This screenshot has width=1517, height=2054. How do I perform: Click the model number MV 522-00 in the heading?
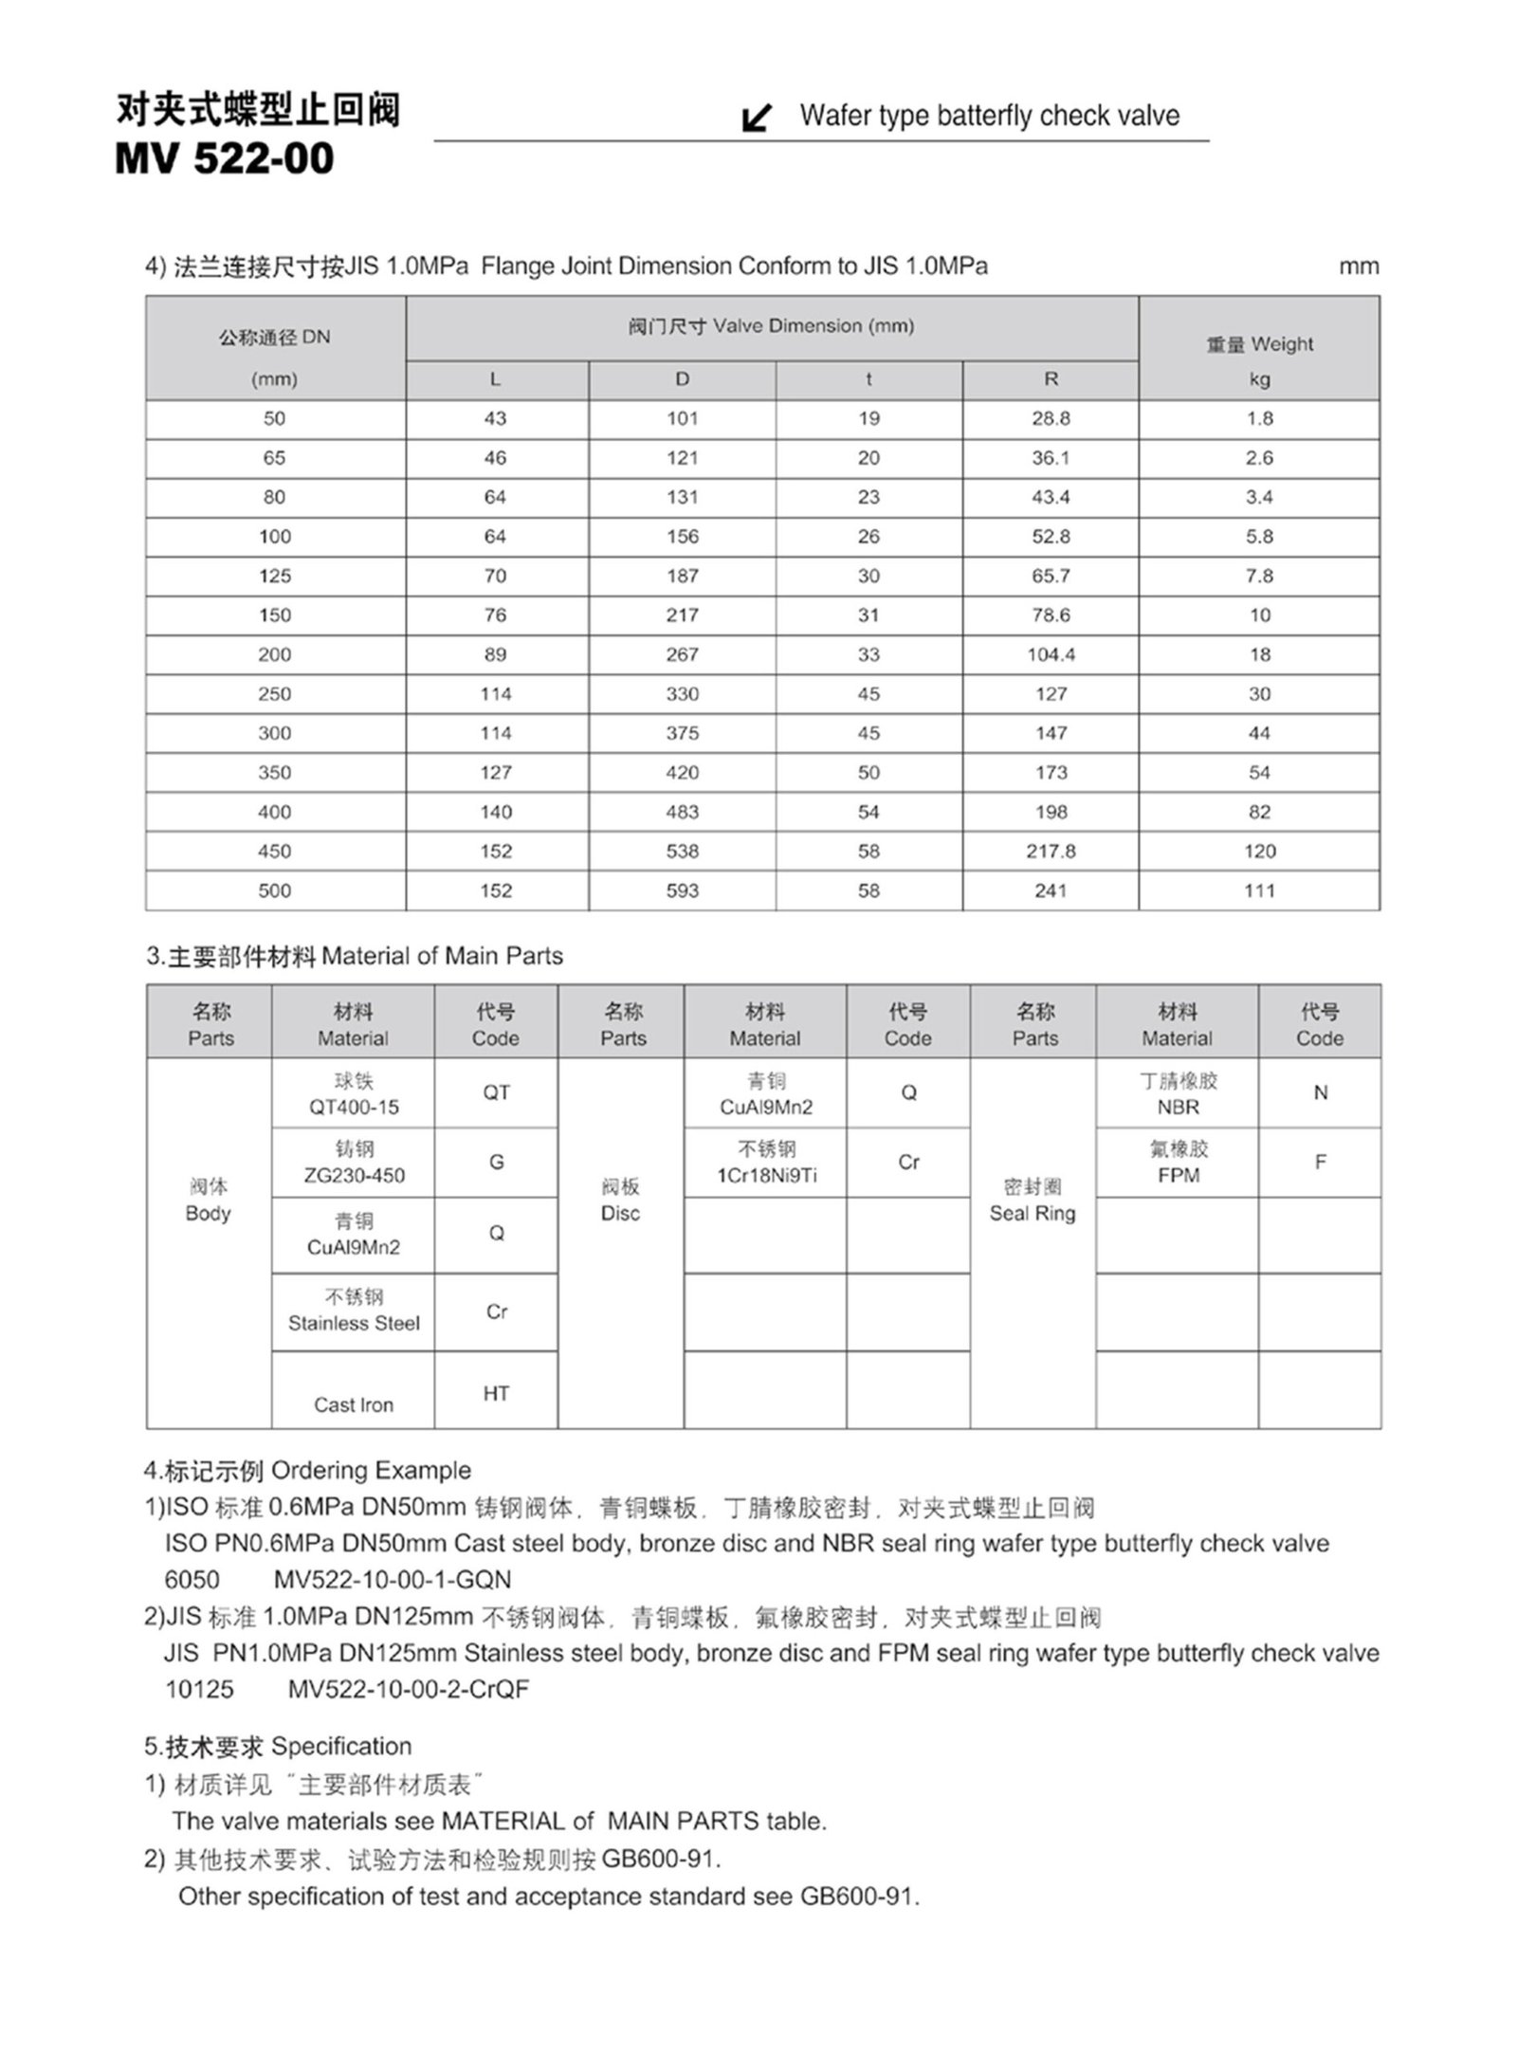tap(225, 158)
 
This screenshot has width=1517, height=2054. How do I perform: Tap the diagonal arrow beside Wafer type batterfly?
tap(756, 118)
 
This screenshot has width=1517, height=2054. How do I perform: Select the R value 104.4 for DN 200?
tap(1051, 654)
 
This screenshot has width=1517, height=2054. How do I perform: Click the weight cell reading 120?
tap(1259, 851)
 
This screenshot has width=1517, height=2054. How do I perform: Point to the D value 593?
tap(682, 890)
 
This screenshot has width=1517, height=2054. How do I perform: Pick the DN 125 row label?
tap(275, 576)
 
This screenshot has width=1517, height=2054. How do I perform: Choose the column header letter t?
tap(868, 379)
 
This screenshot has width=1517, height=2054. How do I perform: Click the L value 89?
tap(495, 654)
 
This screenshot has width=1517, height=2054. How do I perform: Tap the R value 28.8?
tap(1051, 418)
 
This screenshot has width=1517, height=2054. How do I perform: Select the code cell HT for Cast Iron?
tap(496, 1393)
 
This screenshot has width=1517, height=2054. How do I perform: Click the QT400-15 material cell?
tap(354, 1094)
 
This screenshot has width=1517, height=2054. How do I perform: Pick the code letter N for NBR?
tap(1320, 1092)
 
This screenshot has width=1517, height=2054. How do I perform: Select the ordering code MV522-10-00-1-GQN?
tap(393, 1579)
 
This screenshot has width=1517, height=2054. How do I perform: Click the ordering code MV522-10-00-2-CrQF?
tap(409, 1689)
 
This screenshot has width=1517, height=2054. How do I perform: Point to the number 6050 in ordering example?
tap(192, 1579)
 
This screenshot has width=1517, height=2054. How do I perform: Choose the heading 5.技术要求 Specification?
tap(278, 1746)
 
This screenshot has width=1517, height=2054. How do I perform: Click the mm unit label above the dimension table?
tap(1359, 266)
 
